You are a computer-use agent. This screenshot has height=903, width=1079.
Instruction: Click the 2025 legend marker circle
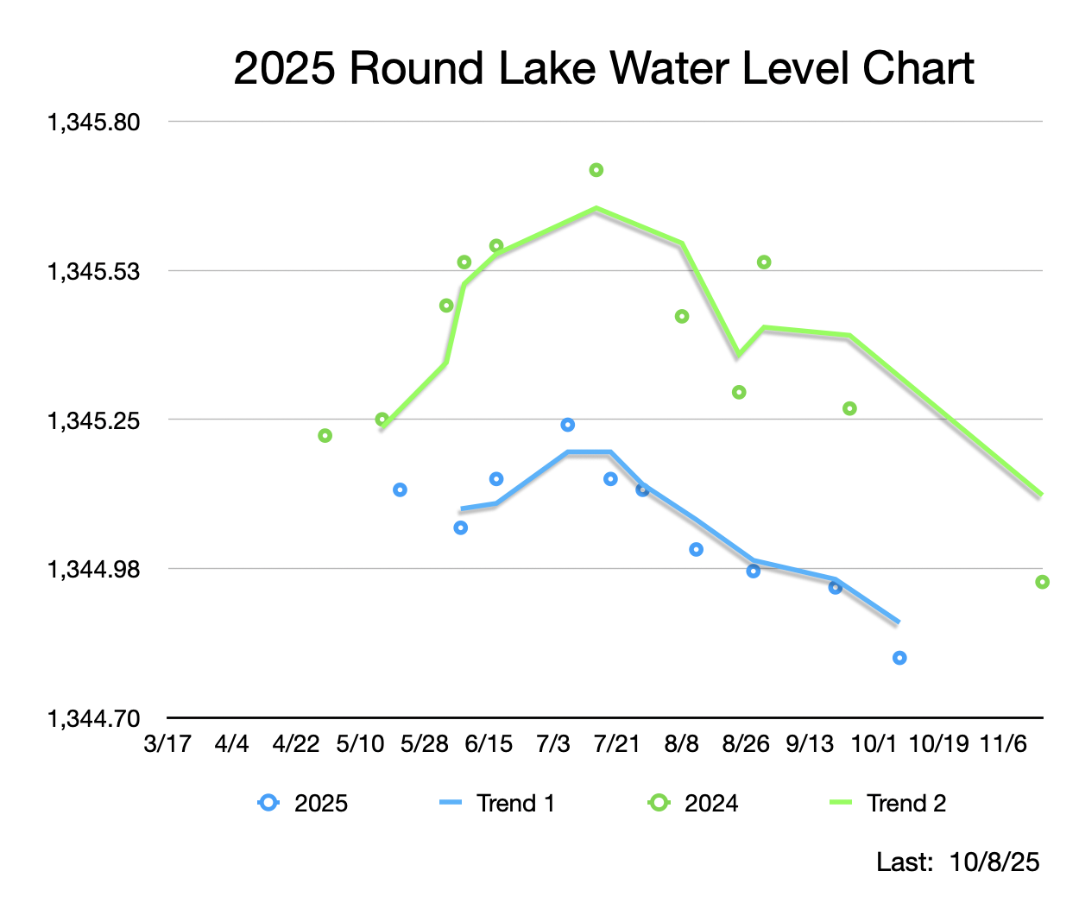(269, 803)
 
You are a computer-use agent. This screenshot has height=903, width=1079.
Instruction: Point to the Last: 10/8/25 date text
(958, 862)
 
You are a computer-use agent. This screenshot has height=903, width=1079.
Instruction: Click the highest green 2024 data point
(596, 170)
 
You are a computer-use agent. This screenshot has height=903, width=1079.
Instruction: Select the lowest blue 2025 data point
(899, 658)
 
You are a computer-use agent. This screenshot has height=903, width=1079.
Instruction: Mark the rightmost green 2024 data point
(1042, 582)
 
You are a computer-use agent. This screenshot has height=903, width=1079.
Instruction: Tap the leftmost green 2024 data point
(325, 436)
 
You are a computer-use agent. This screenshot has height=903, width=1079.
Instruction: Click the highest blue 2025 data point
(567, 425)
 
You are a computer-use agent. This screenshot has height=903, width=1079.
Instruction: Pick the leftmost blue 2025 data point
(400, 490)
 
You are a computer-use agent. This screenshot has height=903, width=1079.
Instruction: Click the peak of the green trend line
(596, 208)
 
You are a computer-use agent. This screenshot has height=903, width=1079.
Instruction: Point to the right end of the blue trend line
(899, 622)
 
